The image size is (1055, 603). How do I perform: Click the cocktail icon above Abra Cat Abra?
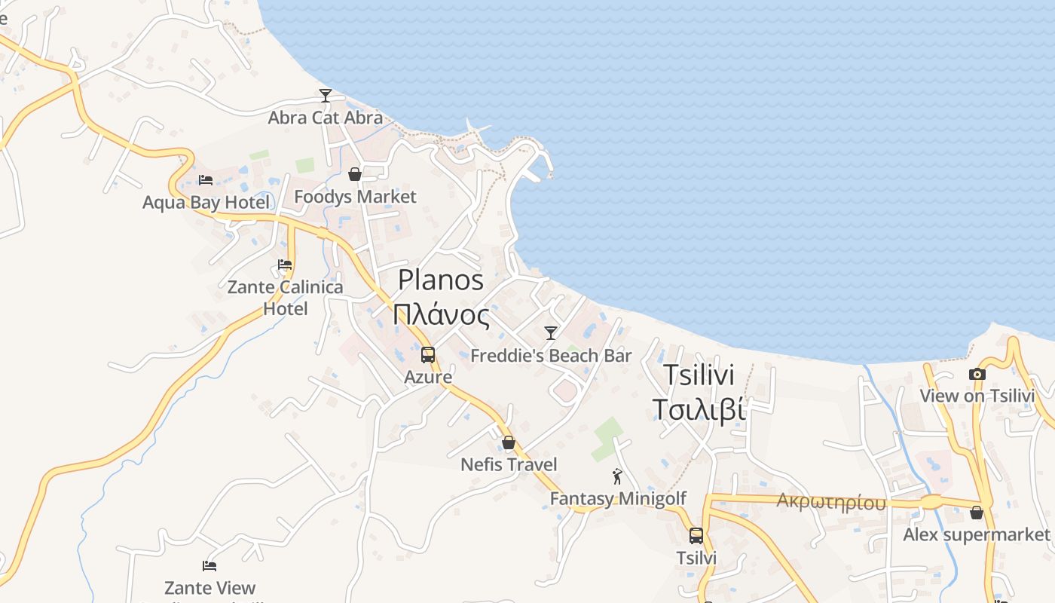tap(326, 96)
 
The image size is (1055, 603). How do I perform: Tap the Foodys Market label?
tap(355, 197)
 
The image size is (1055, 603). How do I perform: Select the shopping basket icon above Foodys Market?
tap(355, 175)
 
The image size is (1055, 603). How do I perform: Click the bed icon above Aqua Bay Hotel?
tap(206, 180)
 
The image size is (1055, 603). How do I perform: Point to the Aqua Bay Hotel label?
tap(206, 202)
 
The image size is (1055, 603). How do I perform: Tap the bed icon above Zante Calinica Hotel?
tap(285, 265)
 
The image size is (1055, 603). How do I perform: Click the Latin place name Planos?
tap(441, 280)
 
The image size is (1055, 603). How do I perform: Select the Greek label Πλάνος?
tap(441, 314)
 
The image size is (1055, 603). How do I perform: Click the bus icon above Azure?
tap(428, 355)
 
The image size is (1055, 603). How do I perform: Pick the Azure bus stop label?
tap(428, 377)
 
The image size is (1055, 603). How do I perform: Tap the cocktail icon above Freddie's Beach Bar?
tap(551, 333)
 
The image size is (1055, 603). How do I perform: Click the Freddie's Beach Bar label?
tap(551, 356)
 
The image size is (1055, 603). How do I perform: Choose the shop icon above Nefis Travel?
tap(509, 442)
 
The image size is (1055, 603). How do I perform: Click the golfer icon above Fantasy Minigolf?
tap(618, 476)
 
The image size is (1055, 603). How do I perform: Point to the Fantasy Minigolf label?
tap(618, 498)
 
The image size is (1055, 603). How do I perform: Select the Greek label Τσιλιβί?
tap(699, 409)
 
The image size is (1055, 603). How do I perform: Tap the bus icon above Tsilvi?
tap(696, 536)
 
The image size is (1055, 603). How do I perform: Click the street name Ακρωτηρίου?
tap(831, 502)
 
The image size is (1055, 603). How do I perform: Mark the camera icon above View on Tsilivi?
tap(977, 374)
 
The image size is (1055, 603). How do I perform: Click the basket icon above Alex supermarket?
tap(977, 513)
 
